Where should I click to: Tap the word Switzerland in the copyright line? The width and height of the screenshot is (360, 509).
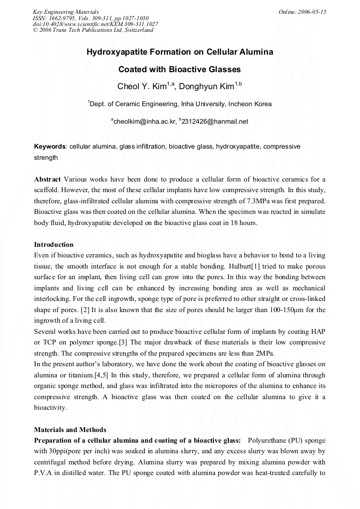(x=139, y=30)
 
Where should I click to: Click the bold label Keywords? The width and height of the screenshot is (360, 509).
(x=50, y=146)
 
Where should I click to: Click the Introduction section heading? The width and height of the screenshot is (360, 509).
(x=54, y=245)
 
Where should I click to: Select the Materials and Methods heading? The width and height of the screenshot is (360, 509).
(x=70, y=429)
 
